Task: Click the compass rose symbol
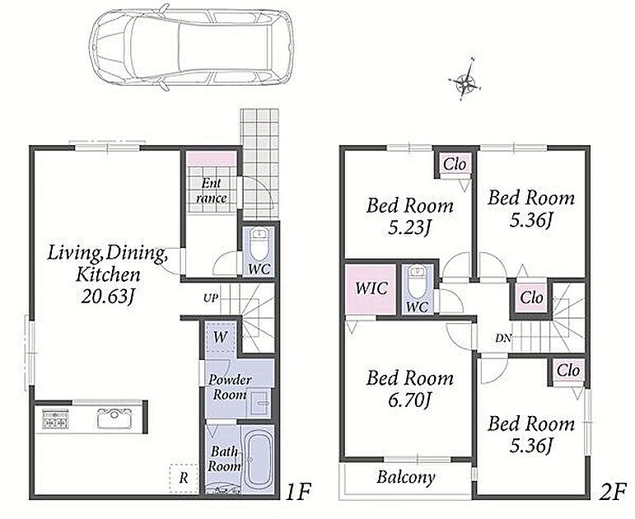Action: click(465, 81)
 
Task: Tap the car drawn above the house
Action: click(191, 49)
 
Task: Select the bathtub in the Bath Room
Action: click(259, 458)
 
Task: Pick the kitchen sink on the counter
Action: click(114, 418)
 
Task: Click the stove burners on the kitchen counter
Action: click(55, 419)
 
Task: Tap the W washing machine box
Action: click(220, 337)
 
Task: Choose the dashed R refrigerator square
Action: click(184, 478)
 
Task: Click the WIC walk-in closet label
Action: click(371, 288)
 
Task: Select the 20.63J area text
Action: click(108, 297)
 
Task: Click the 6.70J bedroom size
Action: click(409, 401)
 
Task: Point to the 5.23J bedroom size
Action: click(409, 228)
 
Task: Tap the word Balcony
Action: click(406, 477)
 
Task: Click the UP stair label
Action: click(211, 298)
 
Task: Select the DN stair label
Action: click(503, 338)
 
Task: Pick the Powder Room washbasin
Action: click(259, 403)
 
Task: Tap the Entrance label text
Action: click(212, 191)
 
